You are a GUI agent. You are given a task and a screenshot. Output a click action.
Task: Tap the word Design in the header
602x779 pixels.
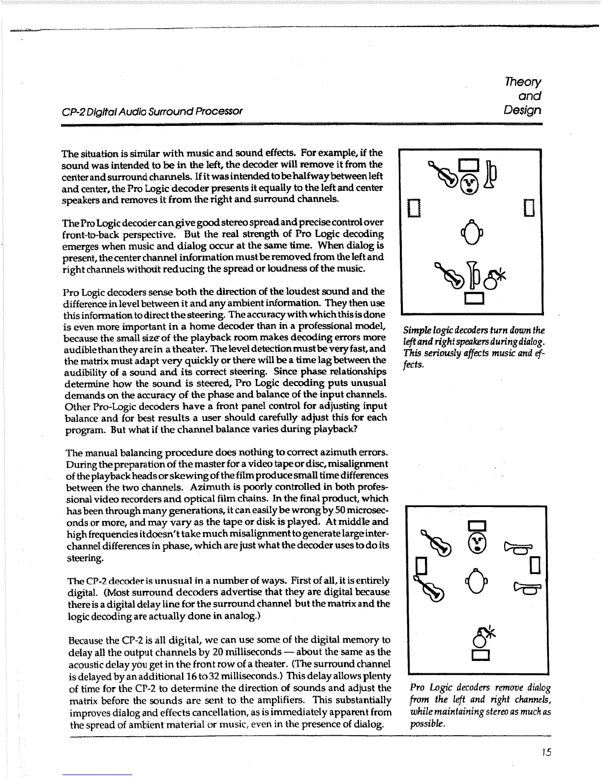(x=523, y=110)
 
